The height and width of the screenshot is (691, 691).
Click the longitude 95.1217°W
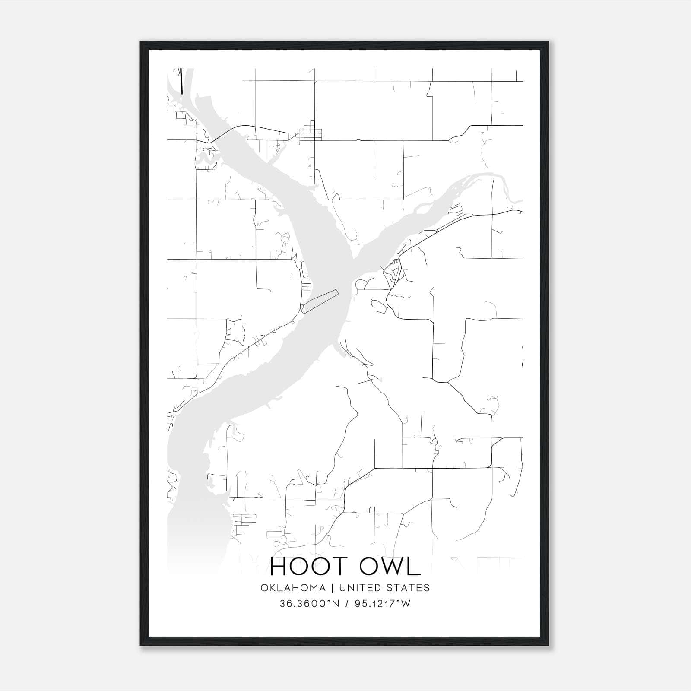coord(382,604)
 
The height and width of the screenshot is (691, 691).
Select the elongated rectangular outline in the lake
coord(320,300)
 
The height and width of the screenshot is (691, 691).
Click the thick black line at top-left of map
coord(181,81)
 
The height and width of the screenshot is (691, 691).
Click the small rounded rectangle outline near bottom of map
coord(274,535)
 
